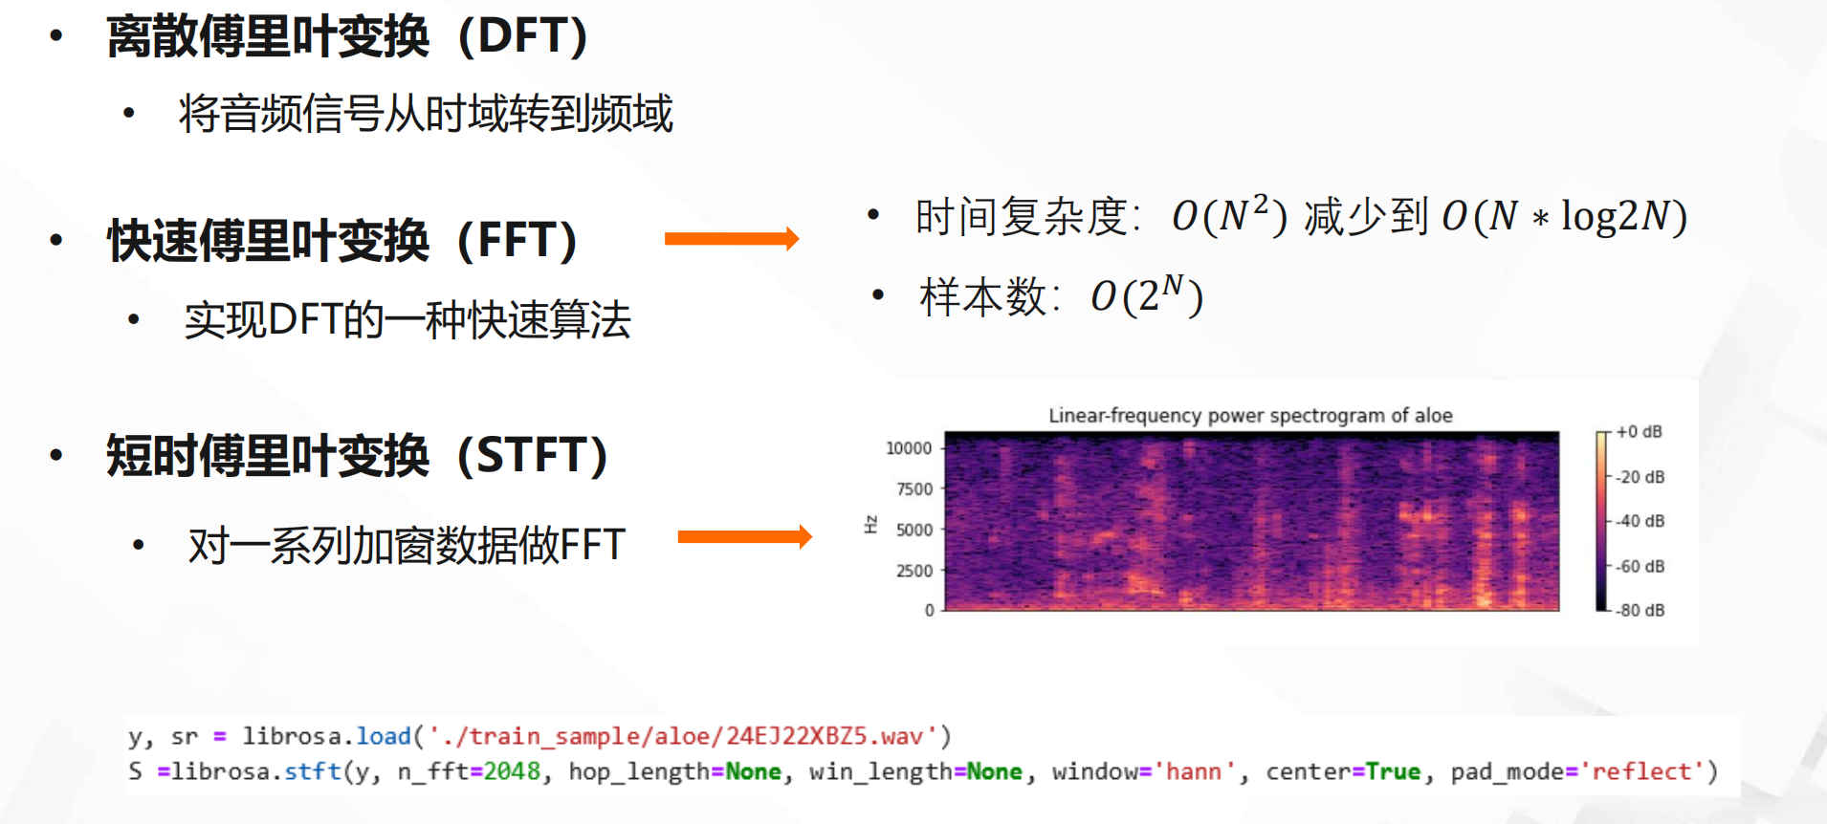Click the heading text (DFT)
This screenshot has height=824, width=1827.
tap(523, 37)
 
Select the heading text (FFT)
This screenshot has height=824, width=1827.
tap(517, 241)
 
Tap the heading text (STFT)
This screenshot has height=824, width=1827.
tap(533, 455)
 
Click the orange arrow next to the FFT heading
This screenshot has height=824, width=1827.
tap(732, 238)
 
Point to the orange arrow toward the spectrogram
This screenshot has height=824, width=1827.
tap(745, 537)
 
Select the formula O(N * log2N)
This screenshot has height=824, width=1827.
tap(1565, 217)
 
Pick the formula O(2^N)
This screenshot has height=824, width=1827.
tap(1147, 295)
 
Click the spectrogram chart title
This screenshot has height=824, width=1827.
tap(1250, 415)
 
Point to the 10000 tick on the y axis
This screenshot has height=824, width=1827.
tap(909, 448)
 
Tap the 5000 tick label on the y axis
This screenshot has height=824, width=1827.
tap(914, 530)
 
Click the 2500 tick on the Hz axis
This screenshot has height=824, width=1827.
tap(914, 571)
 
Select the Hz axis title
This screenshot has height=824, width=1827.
tap(870, 524)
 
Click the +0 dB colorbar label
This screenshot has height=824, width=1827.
tap(1640, 432)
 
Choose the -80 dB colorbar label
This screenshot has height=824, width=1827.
tap(1640, 610)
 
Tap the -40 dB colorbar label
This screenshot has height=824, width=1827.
tap(1640, 521)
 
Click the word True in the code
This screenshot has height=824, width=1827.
tap(1393, 771)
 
